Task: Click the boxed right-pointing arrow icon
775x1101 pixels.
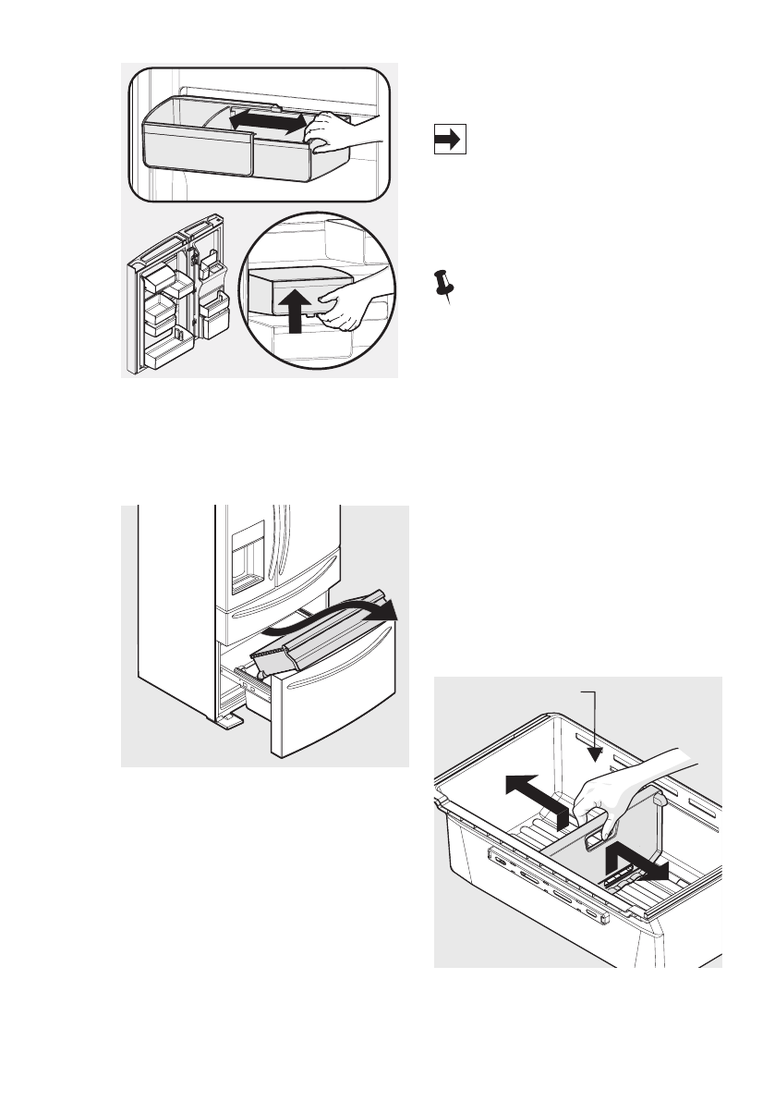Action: (x=449, y=140)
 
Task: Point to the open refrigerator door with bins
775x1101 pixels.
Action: (x=173, y=300)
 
